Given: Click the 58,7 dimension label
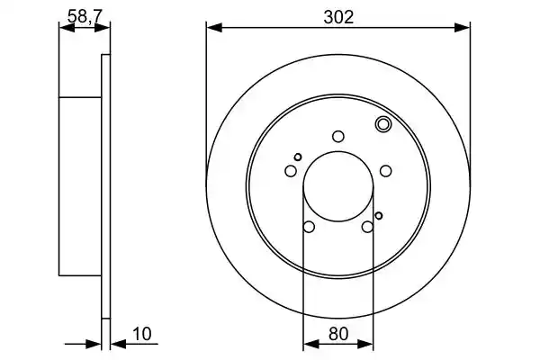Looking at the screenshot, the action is [x=85, y=16].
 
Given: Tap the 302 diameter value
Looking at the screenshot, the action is [x=338, y=17].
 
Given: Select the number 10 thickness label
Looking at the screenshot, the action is [x=142, y=334].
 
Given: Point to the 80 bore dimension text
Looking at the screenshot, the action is [x=338, y=334].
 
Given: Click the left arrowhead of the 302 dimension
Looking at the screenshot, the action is [x=214, y=28].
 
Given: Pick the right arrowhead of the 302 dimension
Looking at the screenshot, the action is [x=463, y=28].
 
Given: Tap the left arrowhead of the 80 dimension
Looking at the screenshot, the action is [x=311, y=344].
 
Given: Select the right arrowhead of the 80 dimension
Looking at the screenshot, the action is [x=365, y=344].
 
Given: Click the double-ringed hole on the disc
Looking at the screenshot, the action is [x=382, y=124].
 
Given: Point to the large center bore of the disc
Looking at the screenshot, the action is [x=338, y=186].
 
